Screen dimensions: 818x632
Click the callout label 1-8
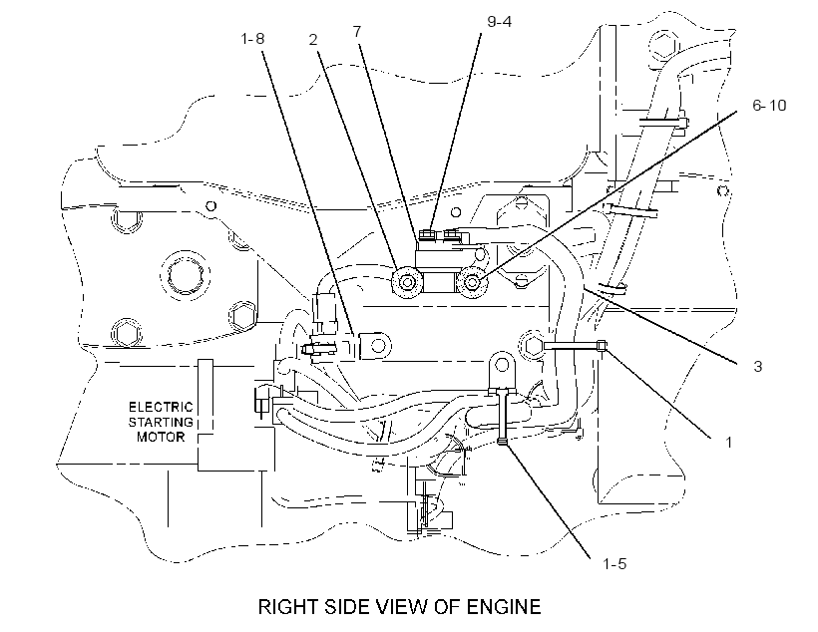pos(252,39)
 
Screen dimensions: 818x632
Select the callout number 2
pos(313,40)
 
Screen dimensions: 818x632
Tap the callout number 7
pos(357,32)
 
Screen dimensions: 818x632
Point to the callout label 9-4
pos(499,21)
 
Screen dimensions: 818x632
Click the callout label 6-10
pos(769,106)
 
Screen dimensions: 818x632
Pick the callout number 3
pos(758,367)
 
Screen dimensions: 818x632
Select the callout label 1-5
pos(614,563)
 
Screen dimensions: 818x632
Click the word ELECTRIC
pos(161,407)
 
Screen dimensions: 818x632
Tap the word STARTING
pos(161,422)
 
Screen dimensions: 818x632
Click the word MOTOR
pos(161,437)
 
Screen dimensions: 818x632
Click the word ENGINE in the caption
pos(504,607)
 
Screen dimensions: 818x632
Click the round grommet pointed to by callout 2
pos(407,283)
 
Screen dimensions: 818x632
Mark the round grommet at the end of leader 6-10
pos(473,283)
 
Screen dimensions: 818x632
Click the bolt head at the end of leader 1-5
pos(502,442)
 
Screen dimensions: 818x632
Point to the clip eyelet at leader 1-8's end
pos(376,345)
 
